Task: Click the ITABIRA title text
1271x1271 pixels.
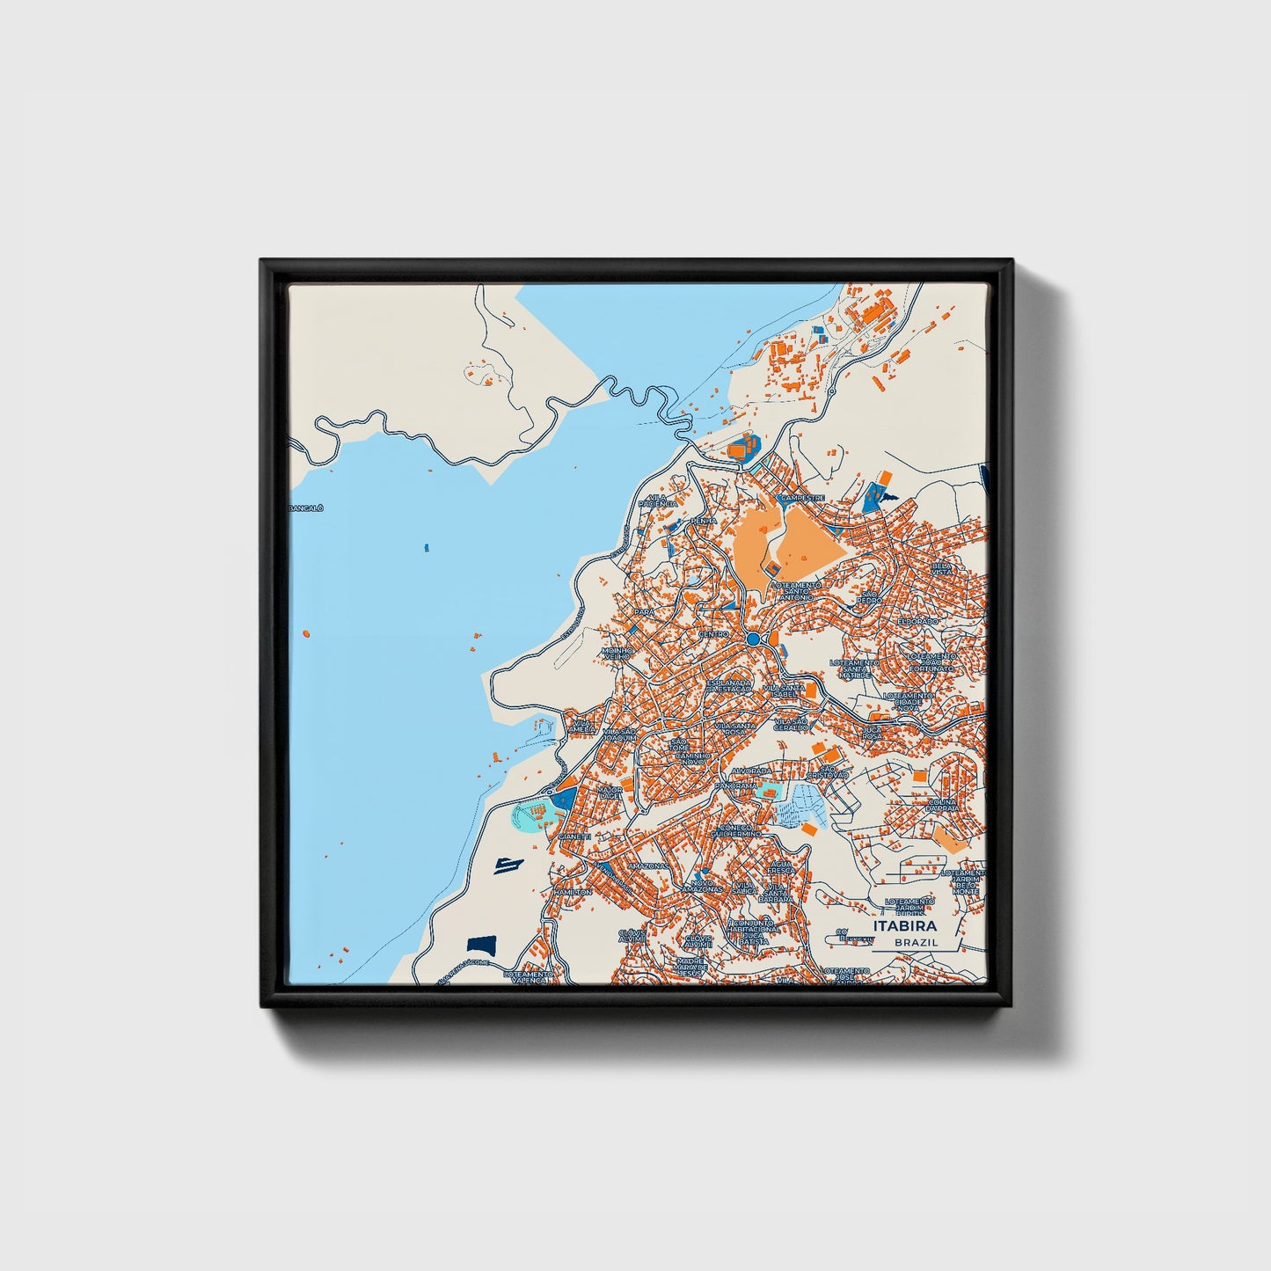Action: click(x=904, y=926)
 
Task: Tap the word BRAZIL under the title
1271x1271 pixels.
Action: click(x=916, y=942)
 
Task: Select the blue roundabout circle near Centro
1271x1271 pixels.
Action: click(x=753, y=638)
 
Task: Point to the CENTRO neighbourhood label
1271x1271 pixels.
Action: click(x=713, y=633)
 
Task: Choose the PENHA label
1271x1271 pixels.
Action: click(x=704, y=521)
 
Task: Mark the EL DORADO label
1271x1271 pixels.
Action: click(x=918, y=621)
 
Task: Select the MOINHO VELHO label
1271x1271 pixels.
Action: click(x=617, y=655)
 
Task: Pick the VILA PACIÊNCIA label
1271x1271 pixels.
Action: click(x=660, y=500)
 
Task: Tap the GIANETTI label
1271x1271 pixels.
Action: click(x=574, y=836)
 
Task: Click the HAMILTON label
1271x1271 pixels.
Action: click(x=573, y=892)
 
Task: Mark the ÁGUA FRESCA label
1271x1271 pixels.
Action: click(x=780, y=867)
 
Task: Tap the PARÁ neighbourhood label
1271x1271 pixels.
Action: click(x=645, y=610)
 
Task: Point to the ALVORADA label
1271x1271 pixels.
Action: click(x=750, y=770)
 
